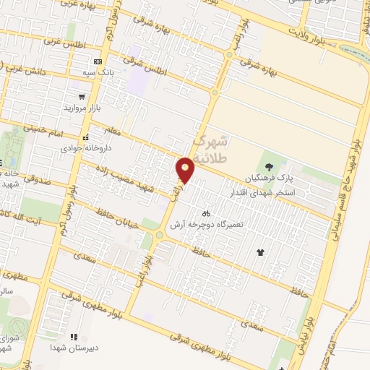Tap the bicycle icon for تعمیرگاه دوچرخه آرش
click(207, 213)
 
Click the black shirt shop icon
click(260, 252)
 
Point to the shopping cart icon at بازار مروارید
click(82, 96)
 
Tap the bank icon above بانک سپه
click(98, 62)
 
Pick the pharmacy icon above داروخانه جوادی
click(85, 137)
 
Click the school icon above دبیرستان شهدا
click(73, 336)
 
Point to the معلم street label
click(116, 133)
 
